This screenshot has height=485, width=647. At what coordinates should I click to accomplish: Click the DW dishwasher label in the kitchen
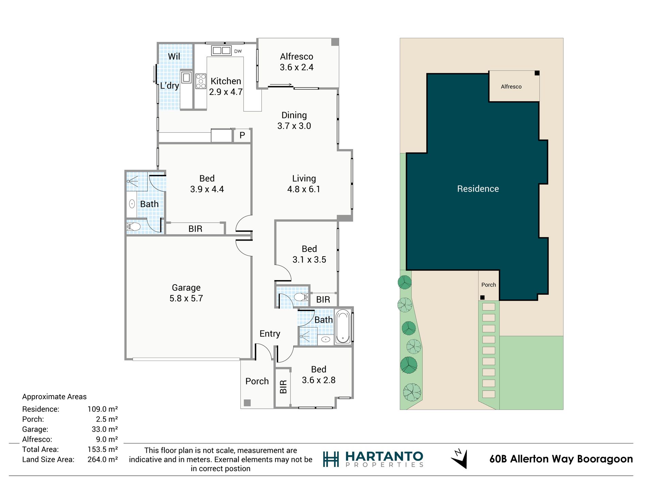[238, 51]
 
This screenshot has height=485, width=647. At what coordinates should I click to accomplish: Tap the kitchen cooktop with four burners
[201, 81]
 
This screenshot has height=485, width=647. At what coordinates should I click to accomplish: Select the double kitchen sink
[221, 51]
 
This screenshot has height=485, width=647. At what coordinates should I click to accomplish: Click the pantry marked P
[242, 135]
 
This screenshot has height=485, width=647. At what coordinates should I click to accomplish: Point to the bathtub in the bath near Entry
[343, 326]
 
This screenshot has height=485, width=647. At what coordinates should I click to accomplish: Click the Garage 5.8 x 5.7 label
[186, 293]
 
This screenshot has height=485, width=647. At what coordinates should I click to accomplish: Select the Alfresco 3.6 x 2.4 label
[296, 62]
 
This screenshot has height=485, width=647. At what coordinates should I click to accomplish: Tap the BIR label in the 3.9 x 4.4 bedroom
[195, 229]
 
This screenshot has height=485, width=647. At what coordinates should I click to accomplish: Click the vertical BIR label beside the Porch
[283, 387]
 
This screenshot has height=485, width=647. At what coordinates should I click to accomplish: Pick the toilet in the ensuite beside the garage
[133, 227]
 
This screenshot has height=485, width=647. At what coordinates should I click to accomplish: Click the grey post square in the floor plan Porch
[247, 403]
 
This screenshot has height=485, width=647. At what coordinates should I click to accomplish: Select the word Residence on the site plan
[478, 189]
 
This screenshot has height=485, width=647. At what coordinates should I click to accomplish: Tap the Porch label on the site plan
[488, 285]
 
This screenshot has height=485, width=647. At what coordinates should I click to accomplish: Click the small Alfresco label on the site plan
[511, 87]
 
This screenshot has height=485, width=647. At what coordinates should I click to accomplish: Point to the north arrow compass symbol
[459, 459]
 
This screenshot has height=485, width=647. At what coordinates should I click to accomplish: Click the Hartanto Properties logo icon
[331, 459]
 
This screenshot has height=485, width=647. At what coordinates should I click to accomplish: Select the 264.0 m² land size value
[102, 459]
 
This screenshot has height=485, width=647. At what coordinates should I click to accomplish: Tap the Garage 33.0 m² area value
[105, 429]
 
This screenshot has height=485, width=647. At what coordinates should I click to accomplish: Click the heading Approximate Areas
[54, 397]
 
